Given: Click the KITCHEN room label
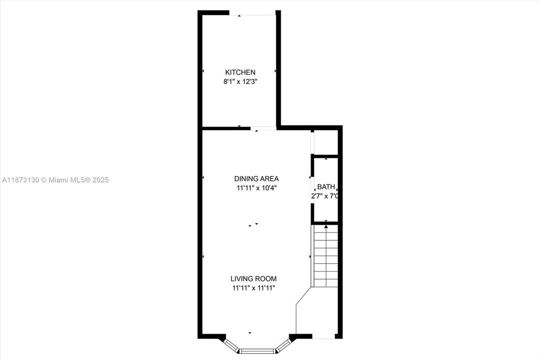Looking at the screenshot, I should (240, 72).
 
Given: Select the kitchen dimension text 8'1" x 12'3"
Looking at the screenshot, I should (240, 81).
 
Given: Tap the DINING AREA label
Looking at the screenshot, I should (256, 178).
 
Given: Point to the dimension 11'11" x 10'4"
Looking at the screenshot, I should (256, 188).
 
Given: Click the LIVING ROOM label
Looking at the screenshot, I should (253, 278).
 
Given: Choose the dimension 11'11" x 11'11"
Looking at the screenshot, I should (253, 288).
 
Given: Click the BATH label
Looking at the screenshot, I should (326, 186).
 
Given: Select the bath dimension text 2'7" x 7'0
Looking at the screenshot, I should (325, 196).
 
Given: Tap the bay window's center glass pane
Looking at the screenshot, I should (257, 350).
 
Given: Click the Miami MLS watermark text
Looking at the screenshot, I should (55, 180).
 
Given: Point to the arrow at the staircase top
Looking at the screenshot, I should (326, 226).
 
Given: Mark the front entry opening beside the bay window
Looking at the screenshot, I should (324, 337).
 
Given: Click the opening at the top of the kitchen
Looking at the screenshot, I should (252, 13).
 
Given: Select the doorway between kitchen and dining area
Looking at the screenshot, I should (263, 128).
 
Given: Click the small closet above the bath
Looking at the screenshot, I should (327, 142).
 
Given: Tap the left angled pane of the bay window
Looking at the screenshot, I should (231, 344).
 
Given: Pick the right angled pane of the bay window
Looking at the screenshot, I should (283, 344).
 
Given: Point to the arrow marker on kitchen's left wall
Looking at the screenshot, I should (203, 71).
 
